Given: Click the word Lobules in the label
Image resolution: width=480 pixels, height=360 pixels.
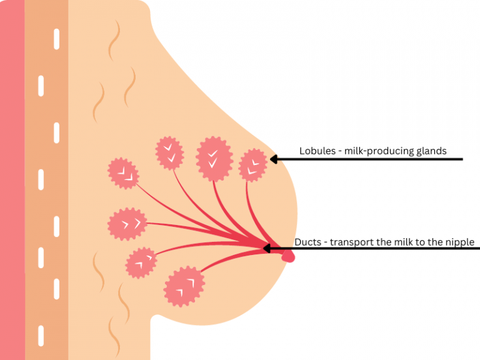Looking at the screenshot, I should pyautogui.click(x=316, y=151).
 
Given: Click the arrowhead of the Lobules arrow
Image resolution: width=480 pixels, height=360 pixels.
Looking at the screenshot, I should pyautogui.click(x=273, y=159).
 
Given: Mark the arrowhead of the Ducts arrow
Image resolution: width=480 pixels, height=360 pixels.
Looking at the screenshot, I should pyautogui.click(x=267, y=249).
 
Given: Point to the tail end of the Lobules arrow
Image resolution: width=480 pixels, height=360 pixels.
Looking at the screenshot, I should pyautogui.click(x=461, y=159).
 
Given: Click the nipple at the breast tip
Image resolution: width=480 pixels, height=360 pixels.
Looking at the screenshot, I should pyautogui.click(x=288, y=255).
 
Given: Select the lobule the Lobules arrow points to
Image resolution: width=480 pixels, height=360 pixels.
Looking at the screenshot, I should pyautogui.click(x=253, y=165).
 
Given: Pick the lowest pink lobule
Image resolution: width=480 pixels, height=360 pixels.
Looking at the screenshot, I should pyautogui.click(x=184, y=287).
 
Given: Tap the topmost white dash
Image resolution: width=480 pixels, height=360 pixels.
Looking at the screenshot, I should pyautogui.click(x=57, y=39).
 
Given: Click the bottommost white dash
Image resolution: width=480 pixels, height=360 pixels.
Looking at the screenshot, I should pyautogui.click(x=41, y=334).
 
